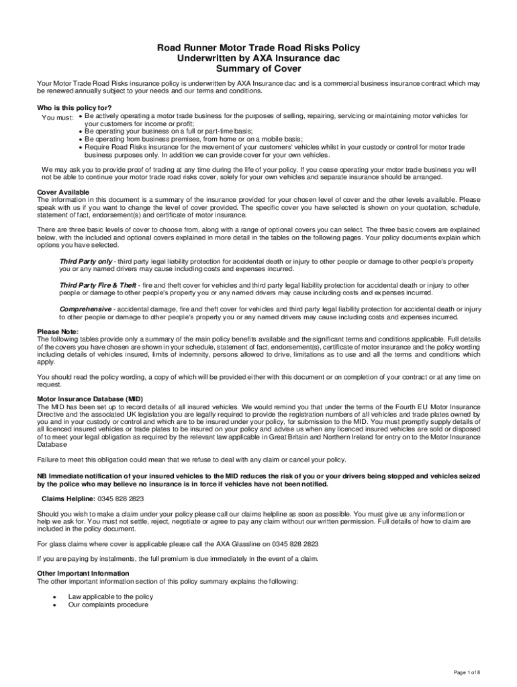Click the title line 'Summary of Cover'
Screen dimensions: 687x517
point(258,69)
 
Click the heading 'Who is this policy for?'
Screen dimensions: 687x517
point(75,108)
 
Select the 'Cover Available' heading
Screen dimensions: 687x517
point(64,192)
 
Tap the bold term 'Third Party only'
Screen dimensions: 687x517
point(86,261)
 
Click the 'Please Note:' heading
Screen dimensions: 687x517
point(58,331)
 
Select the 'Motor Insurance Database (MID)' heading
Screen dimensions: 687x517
point(90,399)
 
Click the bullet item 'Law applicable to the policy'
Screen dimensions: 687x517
point(110,596)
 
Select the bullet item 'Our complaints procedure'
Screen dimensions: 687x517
point(108,604)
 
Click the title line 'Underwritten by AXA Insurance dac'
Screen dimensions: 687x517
point(258,58)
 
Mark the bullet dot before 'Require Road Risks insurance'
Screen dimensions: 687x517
point(80,146)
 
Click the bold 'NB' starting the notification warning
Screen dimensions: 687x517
point(42,476)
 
